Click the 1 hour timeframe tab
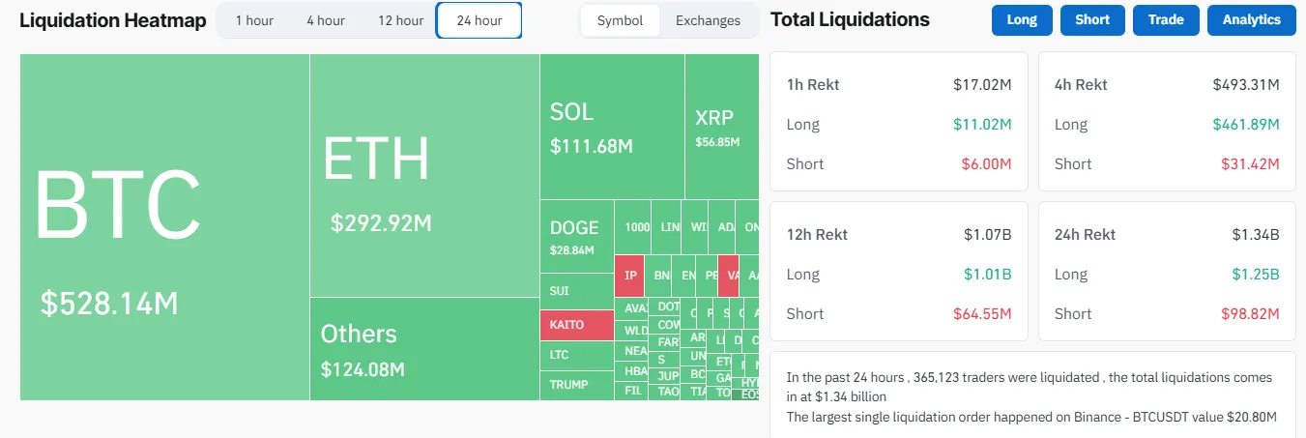pos(254,20)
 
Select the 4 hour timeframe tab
pos(326,20)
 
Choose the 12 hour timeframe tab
pos(400,20)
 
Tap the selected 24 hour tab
pos(479,20)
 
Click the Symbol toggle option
pos(620,20)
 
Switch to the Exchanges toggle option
pos(708,20)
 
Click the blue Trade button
pos(1166,19)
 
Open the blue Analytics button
pos(1251,19)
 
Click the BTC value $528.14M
pos(109,303)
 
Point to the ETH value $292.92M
pos(381,223)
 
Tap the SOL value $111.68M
pos(591,146)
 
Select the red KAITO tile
pos(576,325)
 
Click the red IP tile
pos(630,276)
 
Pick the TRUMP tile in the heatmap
pos(568,385)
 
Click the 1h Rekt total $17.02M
pos(982,84)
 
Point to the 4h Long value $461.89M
pos(1246,124)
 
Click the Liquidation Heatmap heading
pos(112,20)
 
